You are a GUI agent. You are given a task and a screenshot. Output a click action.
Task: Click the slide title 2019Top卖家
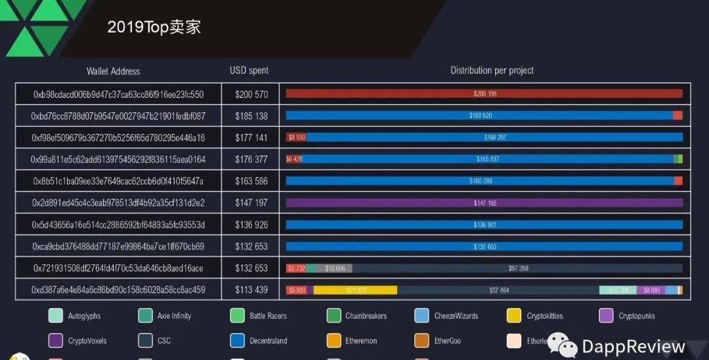pos(154,27)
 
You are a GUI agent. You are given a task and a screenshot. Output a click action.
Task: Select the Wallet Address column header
pos(113,71)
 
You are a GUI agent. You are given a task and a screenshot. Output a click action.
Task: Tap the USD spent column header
pos(249,70)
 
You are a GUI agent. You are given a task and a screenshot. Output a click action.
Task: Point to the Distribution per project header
pos(492,70)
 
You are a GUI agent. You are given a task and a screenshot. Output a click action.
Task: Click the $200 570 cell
pos(251,94)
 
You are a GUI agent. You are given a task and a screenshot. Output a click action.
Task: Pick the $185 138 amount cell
pos(251,116)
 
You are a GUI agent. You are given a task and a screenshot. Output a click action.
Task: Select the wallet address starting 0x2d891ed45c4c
pos(119,203)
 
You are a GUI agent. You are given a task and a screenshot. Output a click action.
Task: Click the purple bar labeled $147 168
pos(484,203)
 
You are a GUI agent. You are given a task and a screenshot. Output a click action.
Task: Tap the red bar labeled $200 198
pos(484,94)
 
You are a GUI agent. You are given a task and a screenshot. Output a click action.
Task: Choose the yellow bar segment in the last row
pos(355,290)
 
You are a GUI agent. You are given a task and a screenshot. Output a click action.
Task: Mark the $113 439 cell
pos(251,290)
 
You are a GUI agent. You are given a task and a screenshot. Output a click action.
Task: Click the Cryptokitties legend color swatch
pos(514,316)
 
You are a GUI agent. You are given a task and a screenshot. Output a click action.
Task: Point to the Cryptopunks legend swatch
pos(606,316)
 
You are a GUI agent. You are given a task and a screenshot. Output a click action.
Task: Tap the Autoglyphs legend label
pos(84,316)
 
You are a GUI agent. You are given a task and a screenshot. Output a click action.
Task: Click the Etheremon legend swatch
pos(333,341)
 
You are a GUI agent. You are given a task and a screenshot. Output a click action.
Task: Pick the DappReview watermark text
pos(634,347)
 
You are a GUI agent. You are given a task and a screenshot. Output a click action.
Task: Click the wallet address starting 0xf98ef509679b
pos(119,137)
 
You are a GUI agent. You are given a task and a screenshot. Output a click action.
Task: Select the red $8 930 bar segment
pos(296,137)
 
